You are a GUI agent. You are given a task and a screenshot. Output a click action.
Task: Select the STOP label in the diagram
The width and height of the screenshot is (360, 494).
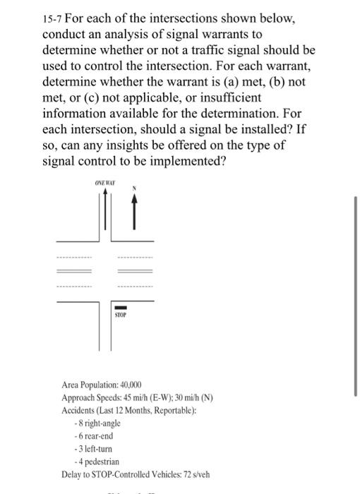point(121,315)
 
